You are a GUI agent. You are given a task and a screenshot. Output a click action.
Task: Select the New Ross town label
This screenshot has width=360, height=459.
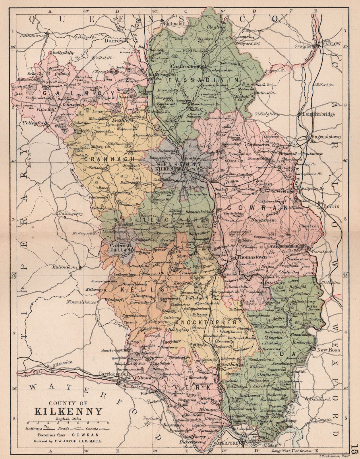click(x=326, y=350)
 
